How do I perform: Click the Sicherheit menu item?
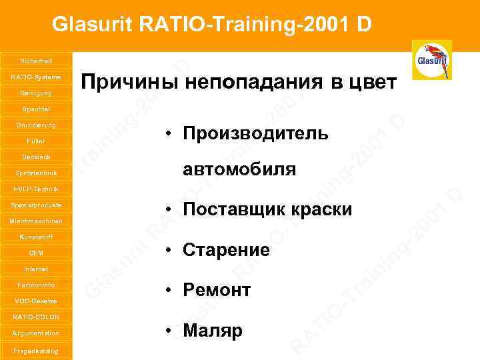coord(35,61)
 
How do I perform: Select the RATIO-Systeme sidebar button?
coord(35,77)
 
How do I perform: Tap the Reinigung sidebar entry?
coord(35,93)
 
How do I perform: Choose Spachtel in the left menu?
coord(35,109)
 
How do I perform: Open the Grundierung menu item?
coord(35,125)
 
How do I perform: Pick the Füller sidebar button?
coord(35,141)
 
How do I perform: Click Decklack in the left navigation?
coord(35,157)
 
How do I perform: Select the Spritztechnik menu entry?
coord(35,173)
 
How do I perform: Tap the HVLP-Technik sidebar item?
coord(35,189)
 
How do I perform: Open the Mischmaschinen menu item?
coord(35,221)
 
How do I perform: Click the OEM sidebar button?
coord(35,253)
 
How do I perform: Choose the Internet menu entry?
coord(35,269)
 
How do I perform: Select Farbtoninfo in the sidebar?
coord(35,285)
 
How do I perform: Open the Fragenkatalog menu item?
coord(35,350)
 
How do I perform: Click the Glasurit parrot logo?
coord(431,60)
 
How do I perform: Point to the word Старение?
coord(226,251)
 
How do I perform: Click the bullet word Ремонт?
coord(217,291)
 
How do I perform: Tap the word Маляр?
coord(213,331)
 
